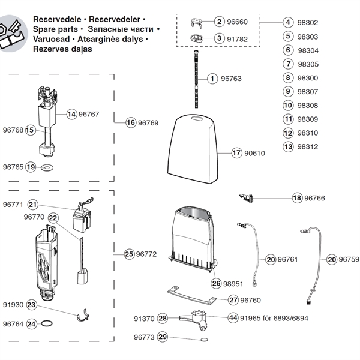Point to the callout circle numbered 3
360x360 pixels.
tap(220, 38)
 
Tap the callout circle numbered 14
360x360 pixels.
tap(71, 113)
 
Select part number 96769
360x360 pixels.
tap(148, 122)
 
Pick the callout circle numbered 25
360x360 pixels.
tap(129, 254)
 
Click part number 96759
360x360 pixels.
tap(349, 260)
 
